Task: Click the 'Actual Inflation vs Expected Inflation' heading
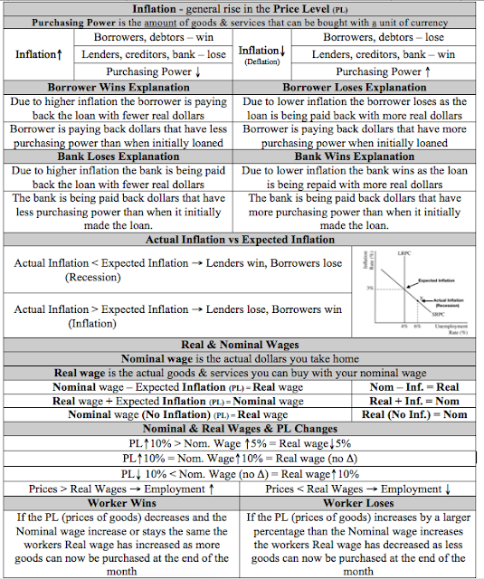pyautogui.click(x=242, y=240)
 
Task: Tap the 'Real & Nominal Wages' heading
pyautogui.click(x=242, y=345)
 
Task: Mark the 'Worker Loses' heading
pyautogui.click(x=360, y=502)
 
